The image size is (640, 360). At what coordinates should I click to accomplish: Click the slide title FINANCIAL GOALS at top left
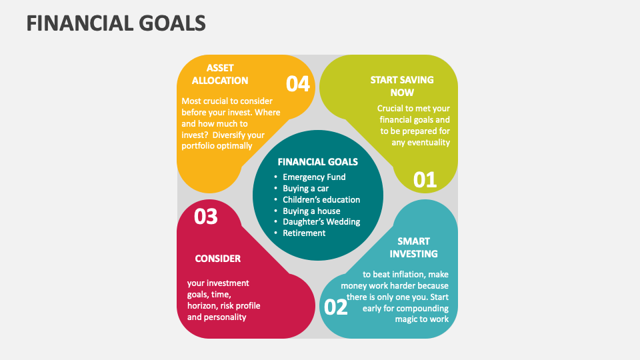click(116, 23)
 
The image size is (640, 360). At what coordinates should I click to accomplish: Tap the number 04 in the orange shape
click(298, 84)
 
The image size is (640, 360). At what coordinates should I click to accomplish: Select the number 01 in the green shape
click(425, 180)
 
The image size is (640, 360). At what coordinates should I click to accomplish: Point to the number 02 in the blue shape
click(335, 307)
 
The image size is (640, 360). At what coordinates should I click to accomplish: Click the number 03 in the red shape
click(206, 217)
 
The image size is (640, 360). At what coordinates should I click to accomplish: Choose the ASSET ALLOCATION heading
click(220, 74)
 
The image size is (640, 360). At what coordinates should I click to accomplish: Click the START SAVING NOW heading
click(402, 86)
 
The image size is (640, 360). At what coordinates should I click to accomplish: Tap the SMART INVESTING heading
click(413, 247)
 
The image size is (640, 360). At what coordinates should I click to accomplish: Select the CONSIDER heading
click(218, 259)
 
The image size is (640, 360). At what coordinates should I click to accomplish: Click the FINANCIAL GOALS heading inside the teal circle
click(317, 162)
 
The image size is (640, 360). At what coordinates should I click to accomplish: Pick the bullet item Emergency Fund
click(314, 177)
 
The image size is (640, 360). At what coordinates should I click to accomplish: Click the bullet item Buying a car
click(306, 189)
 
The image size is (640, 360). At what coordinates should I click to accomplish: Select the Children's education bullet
click(321, 199)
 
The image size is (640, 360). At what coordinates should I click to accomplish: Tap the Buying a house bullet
click(311, 211)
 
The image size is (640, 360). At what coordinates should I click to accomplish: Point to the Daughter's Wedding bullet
click(321, 222)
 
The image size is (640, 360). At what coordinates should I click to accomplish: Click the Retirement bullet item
click(304, 233)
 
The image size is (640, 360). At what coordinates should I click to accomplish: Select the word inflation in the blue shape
click(410, 274)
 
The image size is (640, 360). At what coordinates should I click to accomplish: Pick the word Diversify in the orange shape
click(229, 135)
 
